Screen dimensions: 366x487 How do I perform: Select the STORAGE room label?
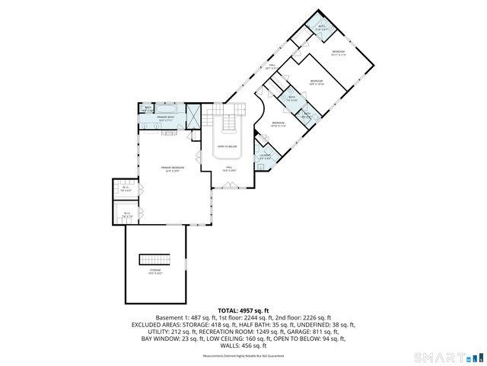coord(155,271)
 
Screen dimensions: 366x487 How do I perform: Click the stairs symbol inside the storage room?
coord(154,260)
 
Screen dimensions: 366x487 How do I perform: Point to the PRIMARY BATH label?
coord(167,118)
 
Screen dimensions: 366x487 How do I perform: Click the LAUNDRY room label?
coord(265,156)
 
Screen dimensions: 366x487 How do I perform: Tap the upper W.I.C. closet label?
coord(126,188)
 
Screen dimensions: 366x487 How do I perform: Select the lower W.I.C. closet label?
coord(127,215)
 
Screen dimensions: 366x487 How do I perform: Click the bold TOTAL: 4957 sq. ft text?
coord(243,310)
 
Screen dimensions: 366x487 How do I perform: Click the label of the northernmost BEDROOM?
coord(338,53)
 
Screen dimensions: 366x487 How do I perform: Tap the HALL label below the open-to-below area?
coord(227,169)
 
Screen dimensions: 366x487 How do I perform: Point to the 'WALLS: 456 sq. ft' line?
coord(243,346)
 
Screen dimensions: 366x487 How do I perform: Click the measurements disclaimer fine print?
coord(243,356)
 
